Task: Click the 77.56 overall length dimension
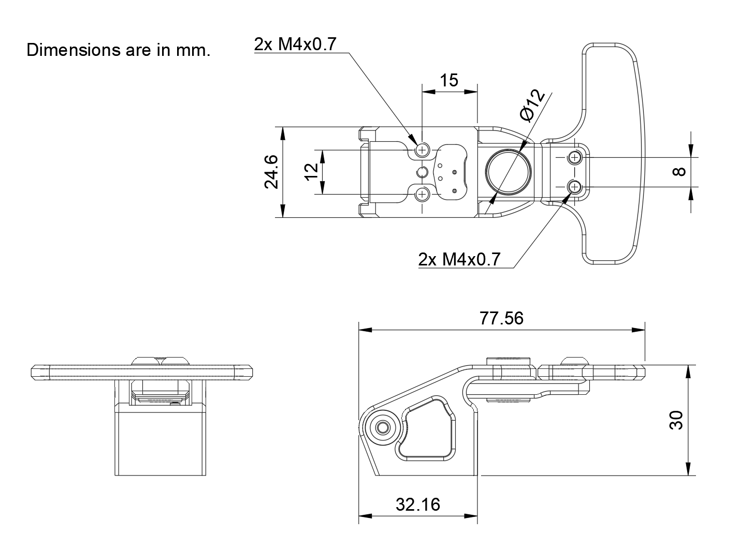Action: [x=501, y=318]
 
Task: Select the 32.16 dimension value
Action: [x=417, y=504]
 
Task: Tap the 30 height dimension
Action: [x=676, y=420]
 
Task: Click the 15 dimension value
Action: [x=449, y=80]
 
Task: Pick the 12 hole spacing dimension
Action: [x=311, y=172]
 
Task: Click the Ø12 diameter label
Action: [x=533, y=105]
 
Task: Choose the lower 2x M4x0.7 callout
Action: [x=459, y=259]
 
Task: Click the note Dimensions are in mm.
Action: [x=118, y=50]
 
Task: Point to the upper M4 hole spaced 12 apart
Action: [x=423, y=150]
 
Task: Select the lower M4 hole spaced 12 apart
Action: [x=423, y=195]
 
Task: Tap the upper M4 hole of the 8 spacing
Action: [x=574, y=157]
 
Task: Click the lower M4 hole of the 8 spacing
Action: [x=574, y=186]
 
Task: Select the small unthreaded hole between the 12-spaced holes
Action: [x=423, y=172]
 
